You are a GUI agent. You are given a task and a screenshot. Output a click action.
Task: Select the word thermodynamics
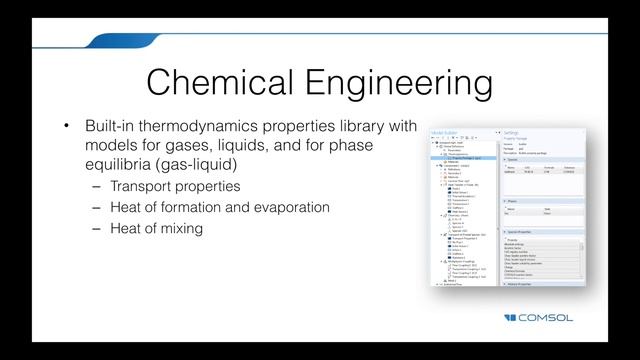pos(218,128)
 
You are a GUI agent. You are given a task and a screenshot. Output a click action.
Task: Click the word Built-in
pos(116,128)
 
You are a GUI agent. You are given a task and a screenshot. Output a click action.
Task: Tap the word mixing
pos(202,228)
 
